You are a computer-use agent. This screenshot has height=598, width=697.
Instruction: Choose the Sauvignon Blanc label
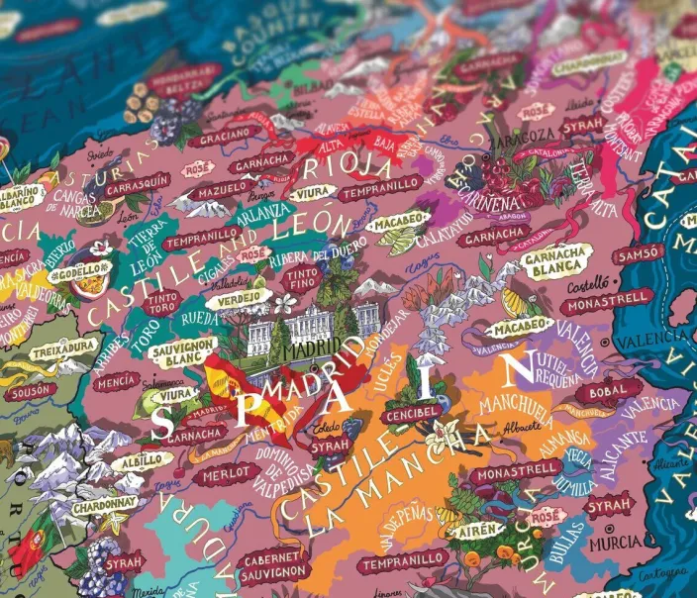(184, 350)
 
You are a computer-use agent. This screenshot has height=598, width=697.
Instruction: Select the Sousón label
(33, 391)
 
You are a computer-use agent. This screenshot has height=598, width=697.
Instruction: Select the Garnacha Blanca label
(554, 257)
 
